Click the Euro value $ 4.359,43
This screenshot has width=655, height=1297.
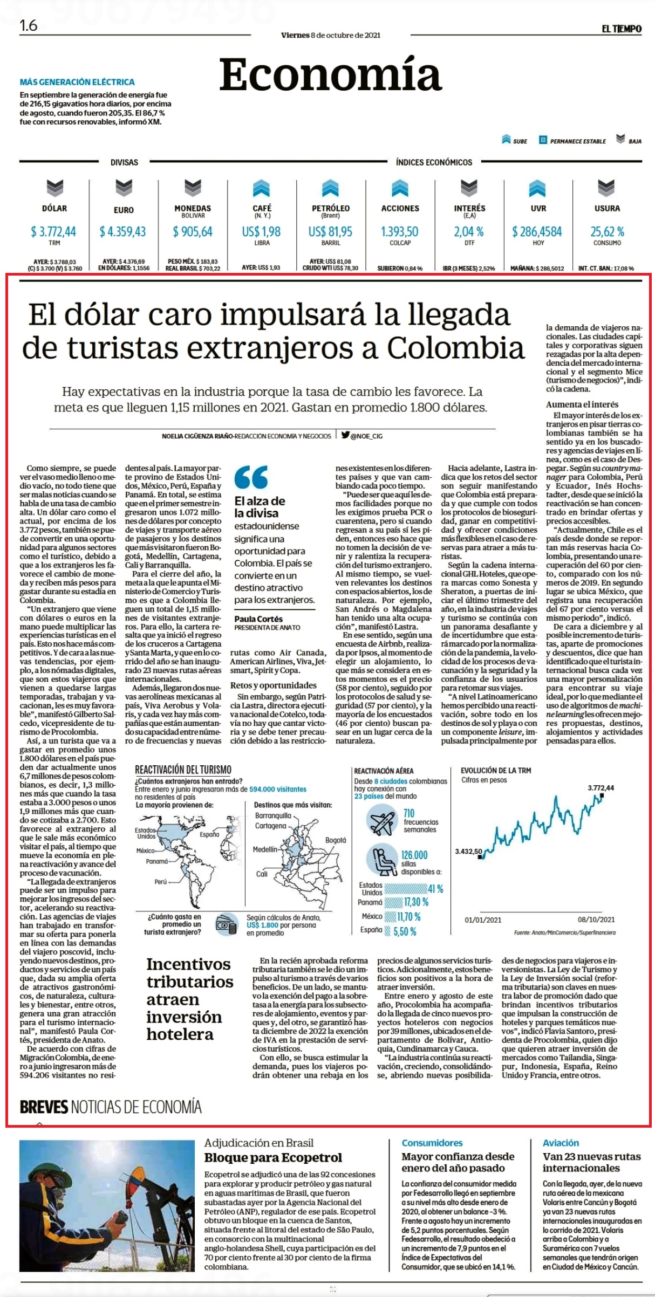point(122,231)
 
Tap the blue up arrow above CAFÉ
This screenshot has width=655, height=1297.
point(261,188)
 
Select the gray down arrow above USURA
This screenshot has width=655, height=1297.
point(606,188)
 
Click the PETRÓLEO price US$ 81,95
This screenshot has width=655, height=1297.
point(330,231)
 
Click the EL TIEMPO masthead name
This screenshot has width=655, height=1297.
point(622,29)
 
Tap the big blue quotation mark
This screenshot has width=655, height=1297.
point(251,477)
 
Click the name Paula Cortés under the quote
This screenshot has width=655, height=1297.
point(258,619)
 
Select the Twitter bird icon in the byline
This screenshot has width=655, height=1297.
point(345,435)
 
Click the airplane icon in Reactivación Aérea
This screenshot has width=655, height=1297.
point(381,821)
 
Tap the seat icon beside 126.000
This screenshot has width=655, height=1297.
point(381,860)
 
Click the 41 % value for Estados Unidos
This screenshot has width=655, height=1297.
point(436,889)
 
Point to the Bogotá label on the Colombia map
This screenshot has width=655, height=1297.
point(336,840)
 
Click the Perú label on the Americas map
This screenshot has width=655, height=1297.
point(161,881)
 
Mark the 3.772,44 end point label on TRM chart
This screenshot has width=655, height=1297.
point(601,788)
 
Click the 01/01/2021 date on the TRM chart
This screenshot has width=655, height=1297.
point(483,919)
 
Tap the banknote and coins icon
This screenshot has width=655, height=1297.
point(226,924)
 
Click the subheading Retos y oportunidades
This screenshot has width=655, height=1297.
point(274,685)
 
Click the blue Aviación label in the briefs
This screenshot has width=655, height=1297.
point(561,1142)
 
